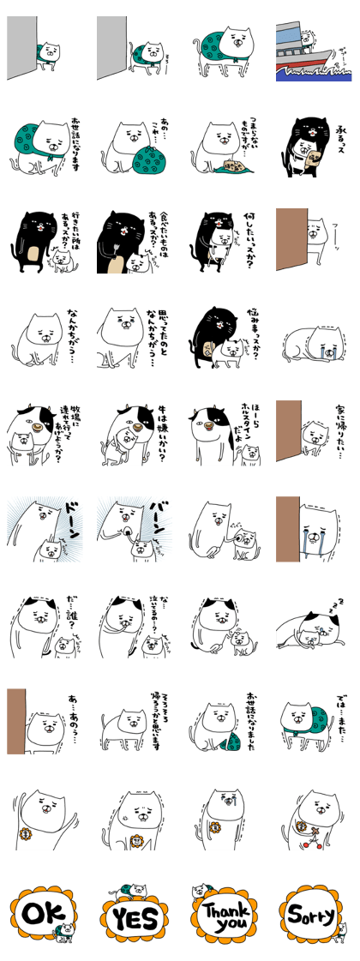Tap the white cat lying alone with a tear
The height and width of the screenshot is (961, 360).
pos(314,343)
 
